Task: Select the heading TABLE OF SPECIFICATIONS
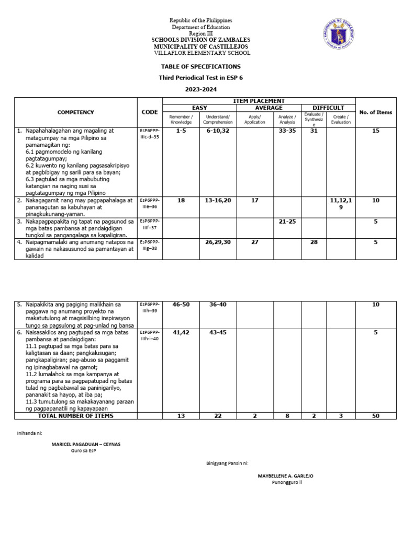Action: [201, 67]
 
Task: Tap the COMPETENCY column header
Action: [76, 112]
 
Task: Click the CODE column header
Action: [150, 112]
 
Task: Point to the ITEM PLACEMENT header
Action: [259, 100]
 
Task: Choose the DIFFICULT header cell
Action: [328, 108]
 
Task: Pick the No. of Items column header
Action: [375, 112]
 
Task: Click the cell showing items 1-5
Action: [181, 131]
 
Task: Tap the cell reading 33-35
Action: [287, 131]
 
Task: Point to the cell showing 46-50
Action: [181, 305]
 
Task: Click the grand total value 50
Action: [375, 416]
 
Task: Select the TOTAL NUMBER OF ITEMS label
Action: [75, 416]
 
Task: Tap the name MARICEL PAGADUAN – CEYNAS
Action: [86, 444]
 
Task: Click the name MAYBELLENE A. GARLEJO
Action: [286, 476]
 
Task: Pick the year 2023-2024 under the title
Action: [201, 89]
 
